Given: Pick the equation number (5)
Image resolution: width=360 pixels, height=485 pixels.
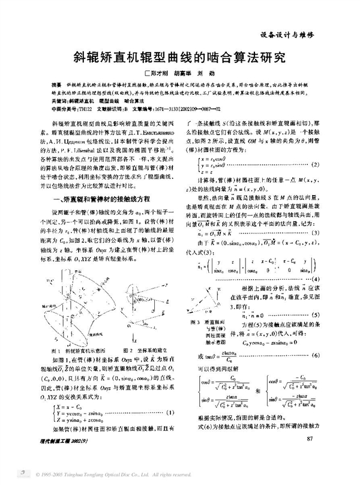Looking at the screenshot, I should [x=317, y=315].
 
